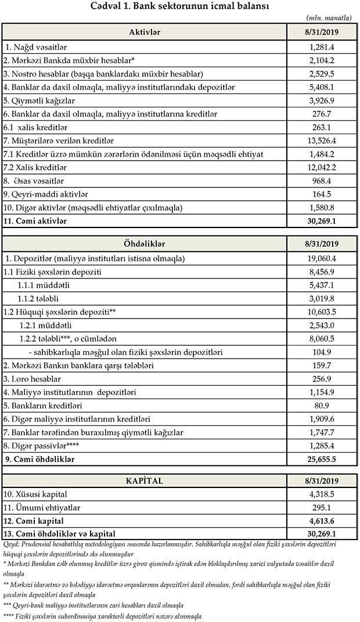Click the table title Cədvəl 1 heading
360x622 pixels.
point(179,6)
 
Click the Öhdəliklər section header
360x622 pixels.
point(145,244)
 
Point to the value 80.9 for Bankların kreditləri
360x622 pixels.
point(323,406)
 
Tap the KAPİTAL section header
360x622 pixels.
point(145,481)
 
